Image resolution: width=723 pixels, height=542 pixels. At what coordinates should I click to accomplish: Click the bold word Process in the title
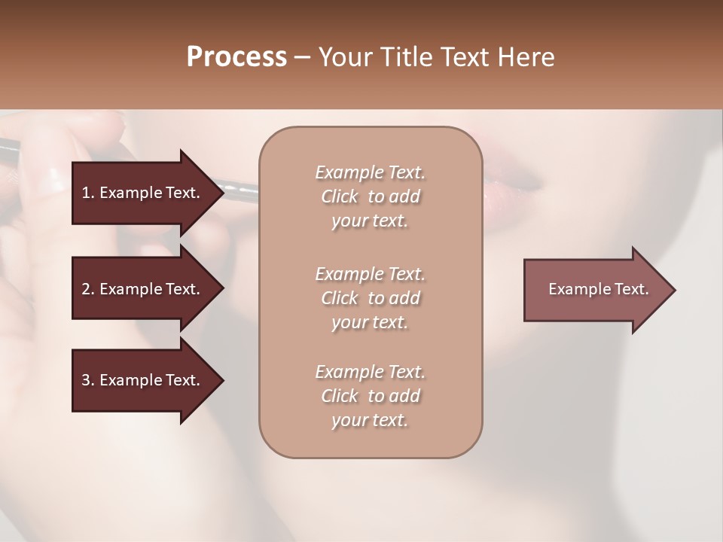236,57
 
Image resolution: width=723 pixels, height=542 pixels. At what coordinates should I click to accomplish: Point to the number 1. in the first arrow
87,193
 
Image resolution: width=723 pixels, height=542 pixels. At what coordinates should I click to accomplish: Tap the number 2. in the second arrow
87,289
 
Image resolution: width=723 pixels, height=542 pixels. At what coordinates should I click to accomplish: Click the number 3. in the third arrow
87,380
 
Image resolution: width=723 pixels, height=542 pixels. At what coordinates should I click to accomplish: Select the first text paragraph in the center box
370,196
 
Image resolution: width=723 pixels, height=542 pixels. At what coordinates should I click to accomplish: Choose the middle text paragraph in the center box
370,297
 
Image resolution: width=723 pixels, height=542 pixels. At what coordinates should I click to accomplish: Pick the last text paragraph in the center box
370,396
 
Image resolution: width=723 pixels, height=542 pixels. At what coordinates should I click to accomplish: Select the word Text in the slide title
465,57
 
